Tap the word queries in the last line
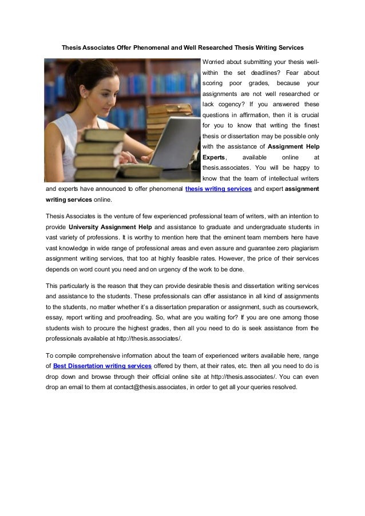tap(259, 387)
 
